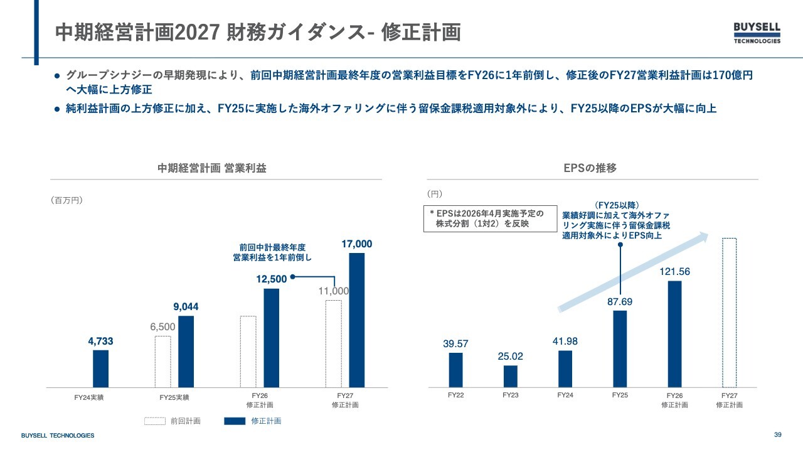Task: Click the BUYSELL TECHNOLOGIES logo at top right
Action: (x=757, y=33)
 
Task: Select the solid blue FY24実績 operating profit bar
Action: (x=101, y=369)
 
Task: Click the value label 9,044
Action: (x=186, y=307)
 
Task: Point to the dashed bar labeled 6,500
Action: (x=163, y=362)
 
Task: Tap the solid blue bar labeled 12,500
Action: (x=272, y=338)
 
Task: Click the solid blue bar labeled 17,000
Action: (x=356, y=320)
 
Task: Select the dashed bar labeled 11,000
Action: (x=334, y=343)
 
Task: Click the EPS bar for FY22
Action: (x=456, y=370)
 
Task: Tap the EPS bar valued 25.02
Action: (x=511, y=376)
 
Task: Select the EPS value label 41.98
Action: (x=565, y=342)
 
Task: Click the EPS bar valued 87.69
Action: (x=620, y=348)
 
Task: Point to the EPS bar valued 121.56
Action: (x=674, y=334)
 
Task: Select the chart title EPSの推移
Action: (x=590, y=168)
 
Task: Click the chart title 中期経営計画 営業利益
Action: (x=212, y=168)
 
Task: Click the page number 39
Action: (x=778, y=435)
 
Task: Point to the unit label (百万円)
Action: (x=67, y=201)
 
